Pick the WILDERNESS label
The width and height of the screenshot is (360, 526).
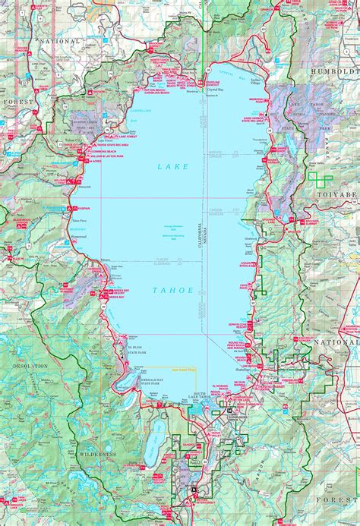[96, 453]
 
